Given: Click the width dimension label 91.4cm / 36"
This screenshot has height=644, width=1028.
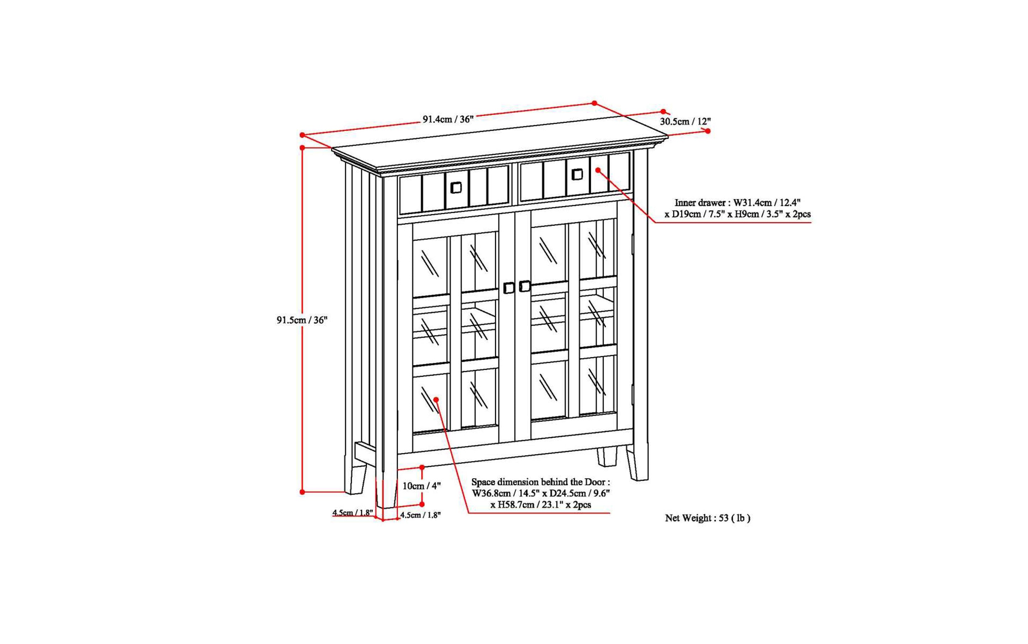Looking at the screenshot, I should tap(447, 119).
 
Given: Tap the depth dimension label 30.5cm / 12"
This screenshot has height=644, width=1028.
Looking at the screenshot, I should tap(685, 121).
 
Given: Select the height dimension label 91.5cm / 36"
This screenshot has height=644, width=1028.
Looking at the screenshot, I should tap(302, 320).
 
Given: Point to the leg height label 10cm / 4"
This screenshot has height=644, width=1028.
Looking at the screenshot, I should tap(421, 486).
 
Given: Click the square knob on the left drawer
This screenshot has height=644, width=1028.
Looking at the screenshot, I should tap(456, 188).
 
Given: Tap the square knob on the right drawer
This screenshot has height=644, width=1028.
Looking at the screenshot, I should tap(577, 174).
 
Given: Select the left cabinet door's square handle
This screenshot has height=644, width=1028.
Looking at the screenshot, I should tap(508, 288).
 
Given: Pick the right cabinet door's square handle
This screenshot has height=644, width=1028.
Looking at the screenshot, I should tap(525, 286).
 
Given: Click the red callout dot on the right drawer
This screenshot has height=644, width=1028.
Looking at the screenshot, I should tap(598, 170).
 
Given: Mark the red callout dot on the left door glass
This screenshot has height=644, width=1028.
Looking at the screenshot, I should tap(436, 399).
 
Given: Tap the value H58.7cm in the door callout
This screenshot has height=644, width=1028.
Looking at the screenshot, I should tap(516, 505).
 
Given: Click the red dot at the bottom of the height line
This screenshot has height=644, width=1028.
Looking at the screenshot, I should tap(302, 492).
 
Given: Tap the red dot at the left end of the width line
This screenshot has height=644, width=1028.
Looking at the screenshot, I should tap(302, 135).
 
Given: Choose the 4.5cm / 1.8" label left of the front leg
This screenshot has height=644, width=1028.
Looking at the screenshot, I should tap(353, 512).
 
